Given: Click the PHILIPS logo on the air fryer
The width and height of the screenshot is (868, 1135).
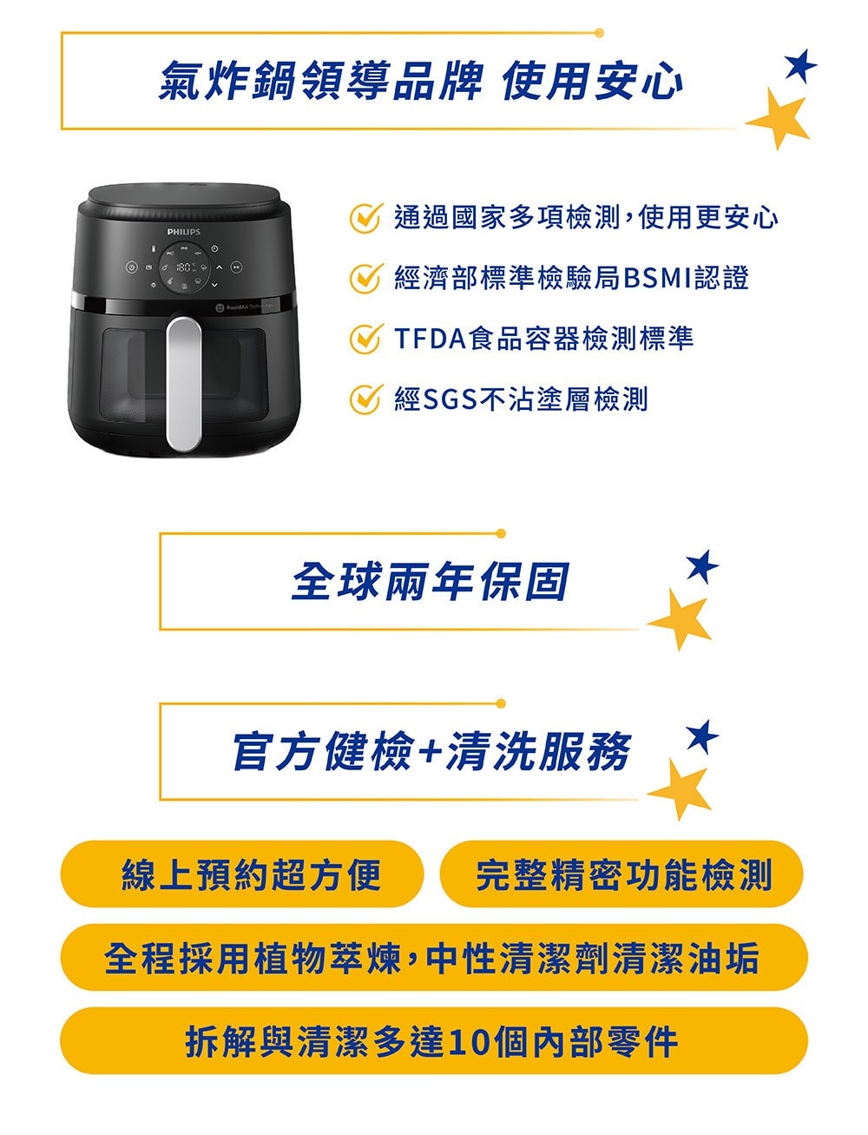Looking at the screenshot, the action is click(183, 232).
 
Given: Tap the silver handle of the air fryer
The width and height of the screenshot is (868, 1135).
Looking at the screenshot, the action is click(184, 384).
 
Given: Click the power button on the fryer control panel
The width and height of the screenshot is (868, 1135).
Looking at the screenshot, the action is click(132, 267).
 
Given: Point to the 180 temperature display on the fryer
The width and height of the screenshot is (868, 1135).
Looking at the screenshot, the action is click(184, 267).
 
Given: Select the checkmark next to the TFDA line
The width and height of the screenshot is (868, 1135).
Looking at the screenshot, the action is click(366, 339).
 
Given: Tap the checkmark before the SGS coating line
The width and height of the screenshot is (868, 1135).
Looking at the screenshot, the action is click(366, 399).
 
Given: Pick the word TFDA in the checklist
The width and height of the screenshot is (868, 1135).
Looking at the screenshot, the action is click(431, 339).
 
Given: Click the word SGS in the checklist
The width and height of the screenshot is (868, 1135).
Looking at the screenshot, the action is click(450, 399).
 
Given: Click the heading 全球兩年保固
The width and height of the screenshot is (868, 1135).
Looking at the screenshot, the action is click(431, 582).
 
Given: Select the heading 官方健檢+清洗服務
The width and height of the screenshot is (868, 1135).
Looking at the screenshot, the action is click(431, 751).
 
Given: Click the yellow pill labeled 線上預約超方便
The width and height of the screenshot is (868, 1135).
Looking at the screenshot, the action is click(242, 874).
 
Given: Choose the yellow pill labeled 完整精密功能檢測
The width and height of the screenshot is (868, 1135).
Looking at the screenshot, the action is click(621, 874).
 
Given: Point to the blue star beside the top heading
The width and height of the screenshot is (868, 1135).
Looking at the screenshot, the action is click(799, 65).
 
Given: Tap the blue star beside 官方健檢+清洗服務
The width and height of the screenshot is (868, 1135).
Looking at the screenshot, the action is click(702, 736).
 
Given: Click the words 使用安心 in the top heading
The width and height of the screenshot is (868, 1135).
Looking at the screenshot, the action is click(593, 81).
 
